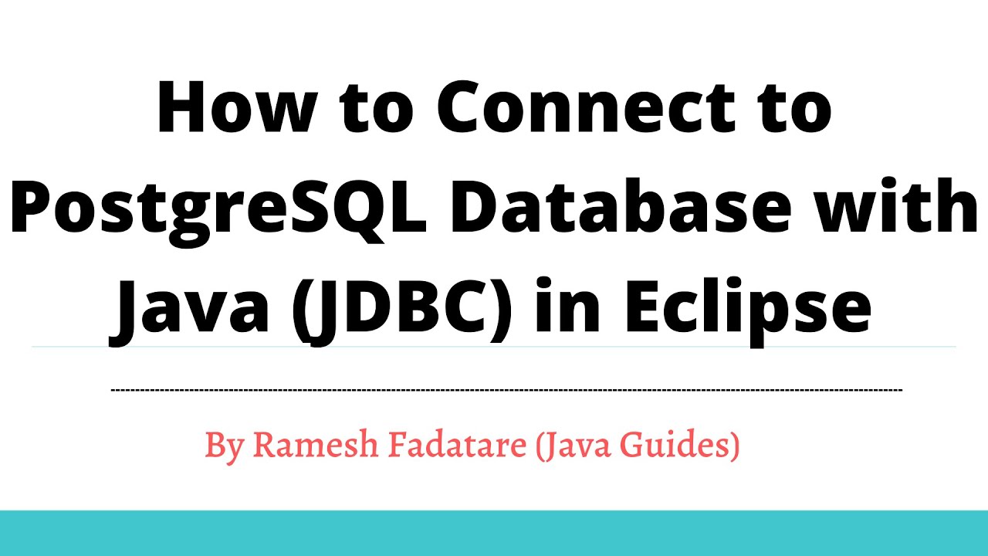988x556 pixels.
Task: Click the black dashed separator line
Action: [x=506, y=390]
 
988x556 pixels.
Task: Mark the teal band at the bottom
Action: [x=494, y=533]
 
